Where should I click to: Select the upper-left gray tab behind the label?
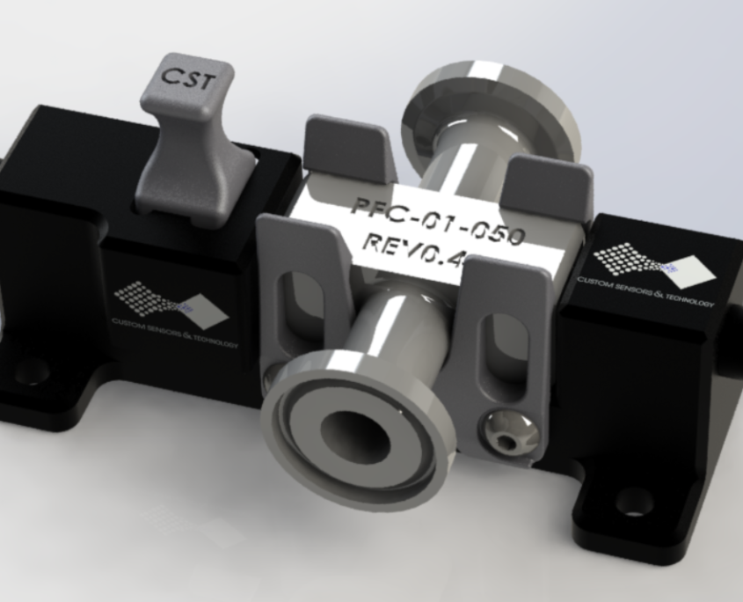(346, 145)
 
